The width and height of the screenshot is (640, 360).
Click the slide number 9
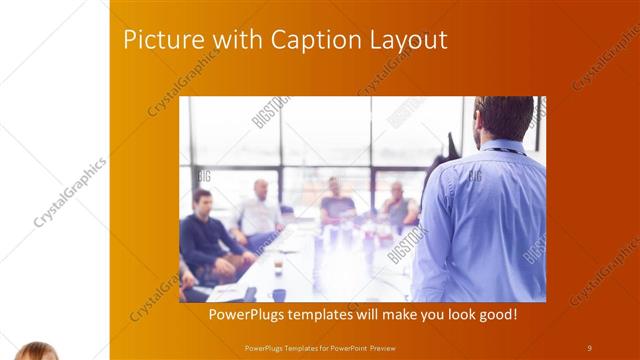coord(589,347)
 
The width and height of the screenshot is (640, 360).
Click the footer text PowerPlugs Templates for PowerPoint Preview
coord(326,347)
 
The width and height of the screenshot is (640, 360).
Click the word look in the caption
coord(438,315)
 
